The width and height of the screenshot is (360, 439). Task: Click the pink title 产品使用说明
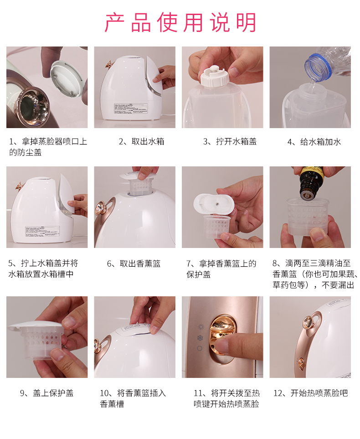click(x=180, y=22)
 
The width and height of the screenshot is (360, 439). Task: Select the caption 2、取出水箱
click(x=141, y=141)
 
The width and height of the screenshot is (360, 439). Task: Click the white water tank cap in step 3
click(x=214, y=76)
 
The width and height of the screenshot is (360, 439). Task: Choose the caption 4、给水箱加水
click(x=314, y=142)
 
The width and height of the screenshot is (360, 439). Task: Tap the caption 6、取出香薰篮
click(x=134, y=263)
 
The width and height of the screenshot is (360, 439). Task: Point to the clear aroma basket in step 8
click(x=308, y=216)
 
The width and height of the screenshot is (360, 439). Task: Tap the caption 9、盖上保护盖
click(x=46, y=393)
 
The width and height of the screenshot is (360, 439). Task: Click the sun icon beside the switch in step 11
click(x=201, y=327)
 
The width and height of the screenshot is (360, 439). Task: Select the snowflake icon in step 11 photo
click(x=200, y=338)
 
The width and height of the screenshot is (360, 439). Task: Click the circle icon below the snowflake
click(x=200, y=349)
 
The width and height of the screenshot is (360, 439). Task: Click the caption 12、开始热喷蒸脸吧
click(x=310, y=393)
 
